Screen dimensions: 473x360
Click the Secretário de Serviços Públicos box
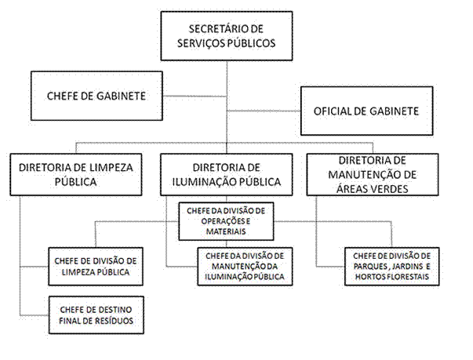pos(227,36)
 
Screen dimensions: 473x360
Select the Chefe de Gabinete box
pos(96,96)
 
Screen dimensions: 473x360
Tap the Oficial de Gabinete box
pos(367,111)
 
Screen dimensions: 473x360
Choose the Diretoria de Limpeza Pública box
pos(76,175)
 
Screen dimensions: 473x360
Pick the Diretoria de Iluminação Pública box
pos(227,175)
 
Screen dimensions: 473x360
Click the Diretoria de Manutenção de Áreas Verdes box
pos(373,175)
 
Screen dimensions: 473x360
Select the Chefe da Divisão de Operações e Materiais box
pos(226,221)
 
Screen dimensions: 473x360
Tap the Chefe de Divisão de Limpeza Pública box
pos(96,267)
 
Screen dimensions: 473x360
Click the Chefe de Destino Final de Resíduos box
pos(96,315)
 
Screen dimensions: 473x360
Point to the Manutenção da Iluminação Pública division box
pos(245,267)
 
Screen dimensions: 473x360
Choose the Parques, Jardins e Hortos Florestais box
pos(392,267)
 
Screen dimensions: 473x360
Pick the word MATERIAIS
pos(226,231)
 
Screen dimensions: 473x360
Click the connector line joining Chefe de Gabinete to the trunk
pos(195,96)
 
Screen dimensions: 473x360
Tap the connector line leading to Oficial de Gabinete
pos(264,111)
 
